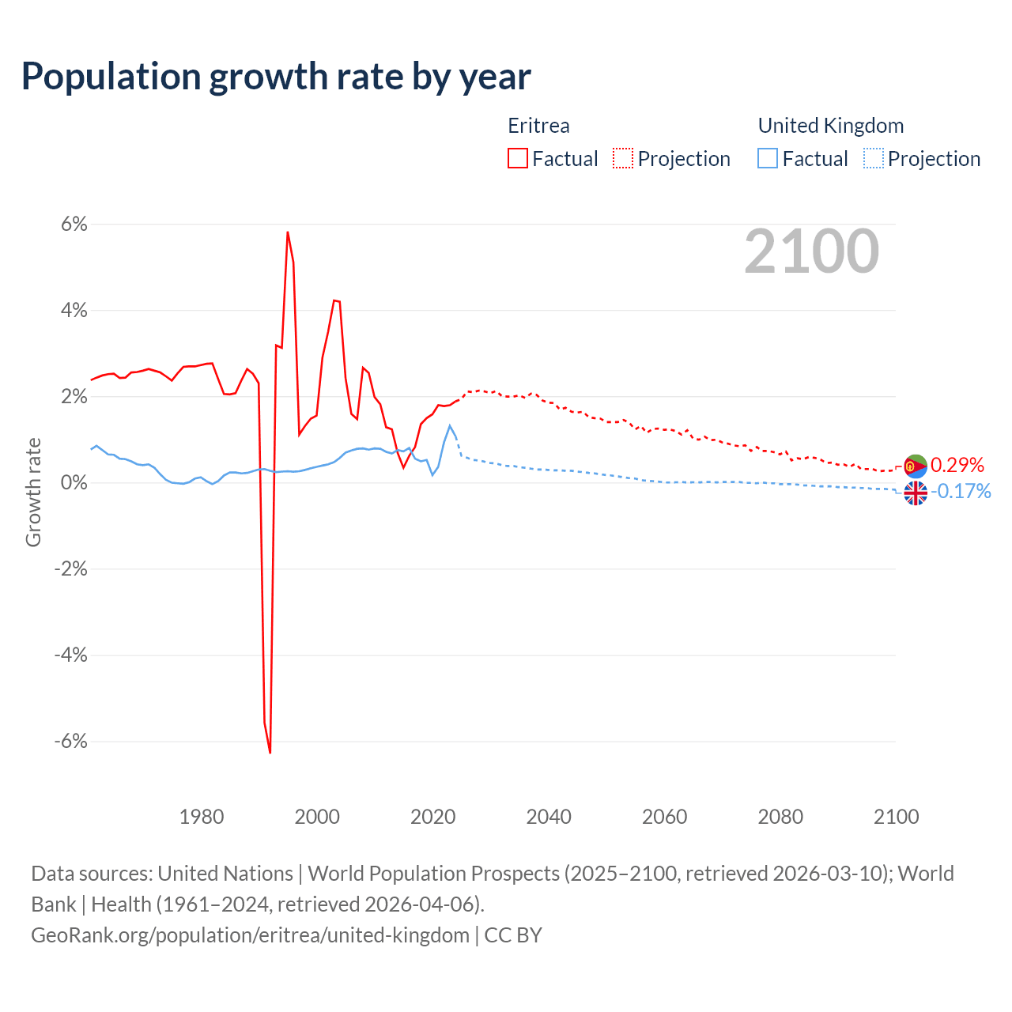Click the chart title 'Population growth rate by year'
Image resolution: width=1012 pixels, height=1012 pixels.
click(276, 77)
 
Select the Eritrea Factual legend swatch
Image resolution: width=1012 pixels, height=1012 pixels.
click(518, 158)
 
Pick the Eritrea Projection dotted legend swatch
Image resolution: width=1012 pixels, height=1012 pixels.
click(623, 158)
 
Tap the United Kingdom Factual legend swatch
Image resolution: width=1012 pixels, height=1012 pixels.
click(768, 158)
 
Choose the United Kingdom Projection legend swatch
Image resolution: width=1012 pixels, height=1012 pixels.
click(873, 158)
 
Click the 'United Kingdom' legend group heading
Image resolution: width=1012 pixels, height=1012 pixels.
click(830, 126)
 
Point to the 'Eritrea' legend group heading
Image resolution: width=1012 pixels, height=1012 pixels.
click(538, 126)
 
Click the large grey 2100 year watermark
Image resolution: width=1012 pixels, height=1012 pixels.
click(811, 251)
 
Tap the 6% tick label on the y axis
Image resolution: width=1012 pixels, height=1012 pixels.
click(74, 225)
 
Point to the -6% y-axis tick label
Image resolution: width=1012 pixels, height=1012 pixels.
click(70, 742)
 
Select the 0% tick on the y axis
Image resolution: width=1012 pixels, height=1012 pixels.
click(74, 483)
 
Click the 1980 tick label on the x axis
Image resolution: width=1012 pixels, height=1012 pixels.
click(202, 817)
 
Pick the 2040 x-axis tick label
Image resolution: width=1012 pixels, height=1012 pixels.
click(549, 817)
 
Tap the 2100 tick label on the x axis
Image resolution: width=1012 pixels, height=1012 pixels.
click(896, 817)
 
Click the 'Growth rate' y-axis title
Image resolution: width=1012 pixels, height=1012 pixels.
click(33, 492)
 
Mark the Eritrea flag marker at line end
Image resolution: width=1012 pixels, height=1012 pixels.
click(916, 466)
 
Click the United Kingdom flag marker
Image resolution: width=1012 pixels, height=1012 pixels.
click(916, 493)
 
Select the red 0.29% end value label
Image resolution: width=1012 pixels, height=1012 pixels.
click(957, 465)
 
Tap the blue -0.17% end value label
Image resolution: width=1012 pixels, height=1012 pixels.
click(961, 492)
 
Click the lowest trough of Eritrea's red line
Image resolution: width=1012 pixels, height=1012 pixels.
click(270, 752)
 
